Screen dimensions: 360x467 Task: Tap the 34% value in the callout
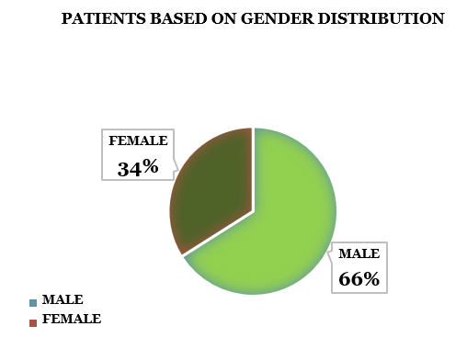tap(137, 167)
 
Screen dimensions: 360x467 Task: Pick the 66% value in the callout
tap(359, 278)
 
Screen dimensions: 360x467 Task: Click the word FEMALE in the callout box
tap(138, 141)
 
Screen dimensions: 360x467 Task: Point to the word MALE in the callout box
tap(359, 253)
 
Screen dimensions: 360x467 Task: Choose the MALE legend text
tap(63, 300)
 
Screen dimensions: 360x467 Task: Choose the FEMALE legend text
tap(71, 320)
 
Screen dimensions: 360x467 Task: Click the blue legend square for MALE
tap(34, 302)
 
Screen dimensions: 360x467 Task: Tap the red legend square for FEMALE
tap(34, 321)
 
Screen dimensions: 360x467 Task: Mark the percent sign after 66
tap(370, 278)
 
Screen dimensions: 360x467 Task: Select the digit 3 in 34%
tap(123, 167)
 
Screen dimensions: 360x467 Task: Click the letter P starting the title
tap(66, 18)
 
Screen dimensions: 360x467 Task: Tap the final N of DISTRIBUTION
tap(439, 18)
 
